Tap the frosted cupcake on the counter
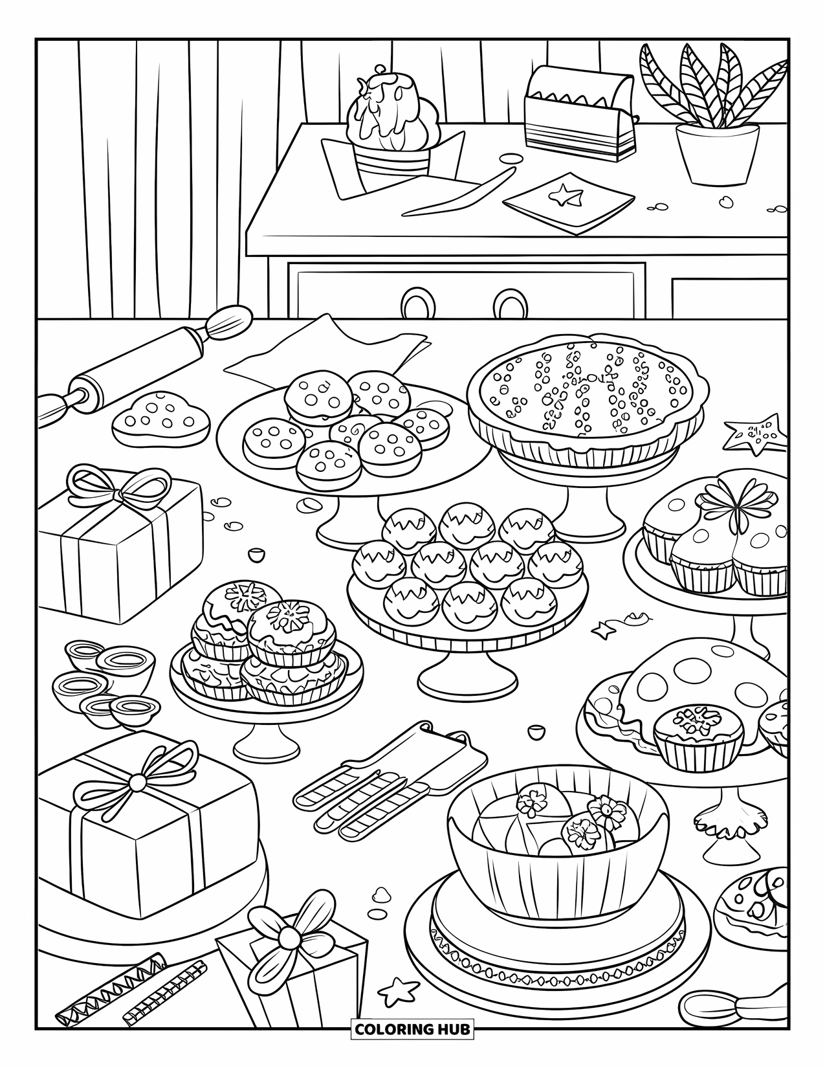point(393,129)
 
